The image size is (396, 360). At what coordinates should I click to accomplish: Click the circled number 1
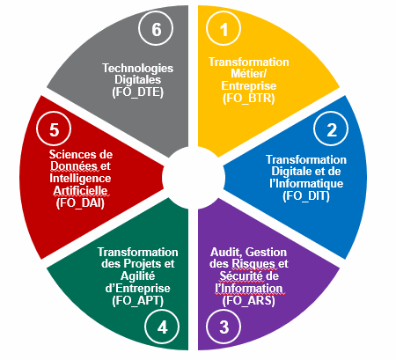click(x=224, y=29)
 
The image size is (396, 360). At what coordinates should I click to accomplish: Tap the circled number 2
click(x=331, y=129)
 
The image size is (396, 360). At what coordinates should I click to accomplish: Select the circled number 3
click(x=224, y=327)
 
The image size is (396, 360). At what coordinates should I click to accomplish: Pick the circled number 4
click(x=162, y=327)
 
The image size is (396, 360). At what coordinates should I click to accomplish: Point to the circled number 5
click(x=54, y=129)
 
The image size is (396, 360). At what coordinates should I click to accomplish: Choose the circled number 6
click(x=156, y=29)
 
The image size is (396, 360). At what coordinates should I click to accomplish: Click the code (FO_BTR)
click(x=249, y=98)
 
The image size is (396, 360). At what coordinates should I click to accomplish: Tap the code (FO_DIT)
click(x=306, y=195)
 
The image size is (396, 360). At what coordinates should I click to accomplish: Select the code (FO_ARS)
click(x=249, y=300)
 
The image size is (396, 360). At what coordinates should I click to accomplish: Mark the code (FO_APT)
click(x=138, y=300)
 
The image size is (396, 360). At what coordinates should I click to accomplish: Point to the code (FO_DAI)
click(x=80, y=202)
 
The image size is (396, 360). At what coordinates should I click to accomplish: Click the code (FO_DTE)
click(x=138, y=92)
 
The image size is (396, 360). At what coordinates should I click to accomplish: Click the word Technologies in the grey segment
click(x=138, y=69)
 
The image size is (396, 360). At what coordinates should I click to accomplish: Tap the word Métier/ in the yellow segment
click(x=248, y=73)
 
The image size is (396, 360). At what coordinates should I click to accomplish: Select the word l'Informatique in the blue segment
click(x=306, y=183)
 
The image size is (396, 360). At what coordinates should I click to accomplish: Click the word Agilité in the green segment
click(x=137, y=276)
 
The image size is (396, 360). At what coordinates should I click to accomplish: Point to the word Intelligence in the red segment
click(x=80, y=179)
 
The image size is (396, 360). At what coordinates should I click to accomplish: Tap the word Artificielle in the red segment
click(x=80, y=191)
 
